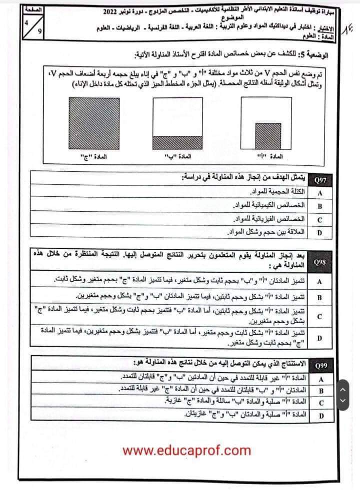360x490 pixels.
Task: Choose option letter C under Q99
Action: click(x=319, y=403)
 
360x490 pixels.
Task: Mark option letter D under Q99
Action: click(x=319, y=415)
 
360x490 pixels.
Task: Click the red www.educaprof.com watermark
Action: click(x=186, y=451)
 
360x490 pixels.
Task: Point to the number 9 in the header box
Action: click(x=38, y=33)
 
